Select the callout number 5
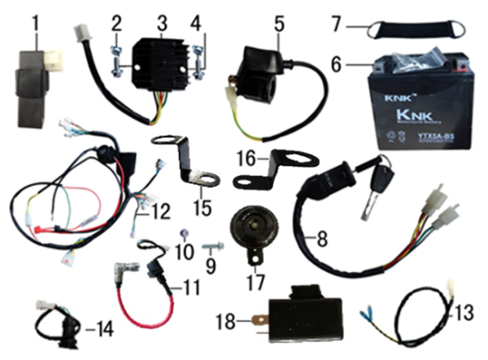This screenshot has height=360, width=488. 279,21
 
